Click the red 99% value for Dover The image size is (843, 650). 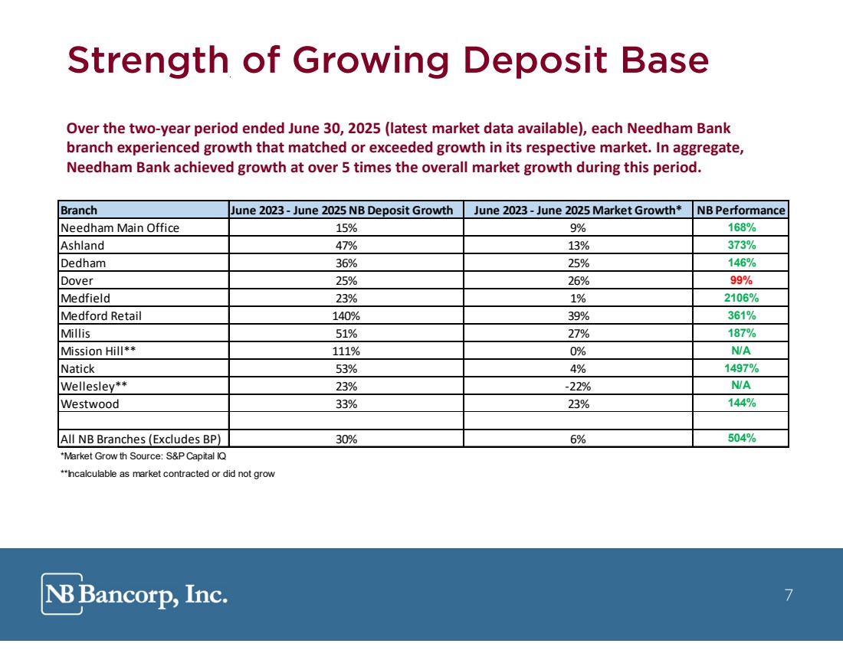tap(741, 280)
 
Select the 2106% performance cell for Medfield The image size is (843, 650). tap(741, 298)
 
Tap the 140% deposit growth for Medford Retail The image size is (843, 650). tap(346, 316)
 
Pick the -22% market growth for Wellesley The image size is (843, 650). tap(578, 386)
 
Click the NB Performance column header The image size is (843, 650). tap(741, 210)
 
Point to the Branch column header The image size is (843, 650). tap(79, 210)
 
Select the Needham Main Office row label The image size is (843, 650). tap(120, 228)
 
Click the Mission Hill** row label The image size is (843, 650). tap(98, 351)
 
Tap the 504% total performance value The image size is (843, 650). tap(741, 438)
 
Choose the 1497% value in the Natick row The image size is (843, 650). tap(741, 368)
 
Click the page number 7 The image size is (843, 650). tap(789, 595)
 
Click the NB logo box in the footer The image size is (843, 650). tap(62, 593)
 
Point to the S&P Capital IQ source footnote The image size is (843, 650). tap(143, 456)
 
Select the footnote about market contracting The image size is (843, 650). tap(167, 474)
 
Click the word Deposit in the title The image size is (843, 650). tap(536, 60)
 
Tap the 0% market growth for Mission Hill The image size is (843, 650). tap(578, 351)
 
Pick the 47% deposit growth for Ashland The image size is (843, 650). tap(346, 246)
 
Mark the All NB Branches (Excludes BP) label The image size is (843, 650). tap(140, 439)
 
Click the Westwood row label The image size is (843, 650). tap(90, 404)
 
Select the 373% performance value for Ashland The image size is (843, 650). tap(741, 245)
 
